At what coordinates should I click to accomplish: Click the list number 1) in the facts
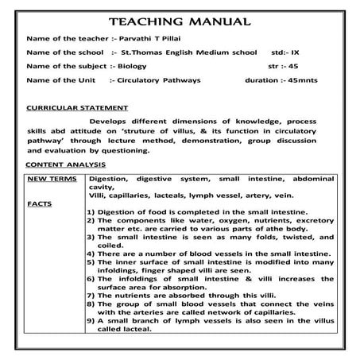pyautogui.click(x=91, y=213)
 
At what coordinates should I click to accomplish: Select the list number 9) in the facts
pyautogui.click(x=91, y=340)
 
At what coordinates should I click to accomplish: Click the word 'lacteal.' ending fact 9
pyautogui.click(x=136, y=350)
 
